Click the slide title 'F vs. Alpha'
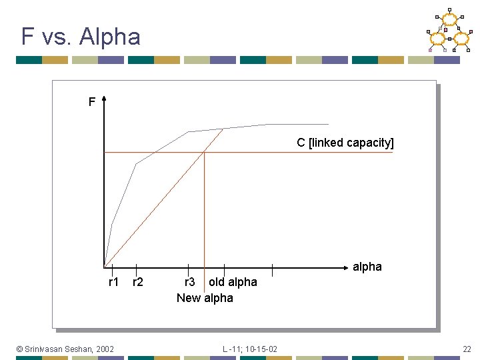coord(81,36)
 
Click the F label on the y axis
coord(92,102)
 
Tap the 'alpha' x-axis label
coord(367,267)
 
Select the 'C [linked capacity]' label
coord(345,143)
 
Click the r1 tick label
coord(113,282)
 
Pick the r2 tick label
coord(138,282)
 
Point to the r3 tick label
coord(189,282)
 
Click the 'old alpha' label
coord(233,282)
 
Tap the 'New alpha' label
coord(205,298)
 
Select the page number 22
coord(466,349)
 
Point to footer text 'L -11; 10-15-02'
coord(250,349)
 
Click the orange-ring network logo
coord(449,32)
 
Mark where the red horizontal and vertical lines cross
coord(204,153)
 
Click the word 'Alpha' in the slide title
coord(110,36)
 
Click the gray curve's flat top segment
coord(293,124)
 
